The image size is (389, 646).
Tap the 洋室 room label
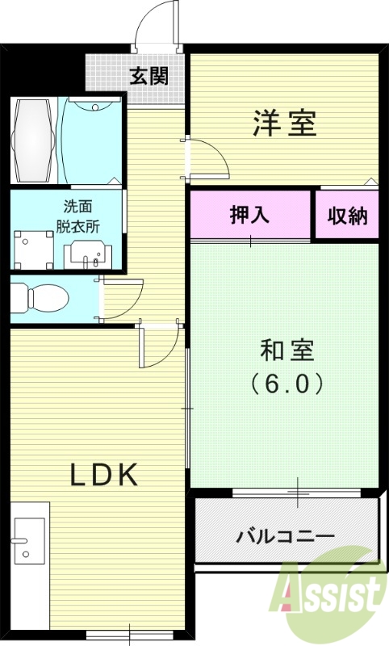click(x=283, y=123)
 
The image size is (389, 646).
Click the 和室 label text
click(x=287, y=352)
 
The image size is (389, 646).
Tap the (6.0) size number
click(x=287, y=382)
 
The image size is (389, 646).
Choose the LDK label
click(x=104, y=474)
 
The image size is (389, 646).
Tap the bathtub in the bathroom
click(x=35, y=141)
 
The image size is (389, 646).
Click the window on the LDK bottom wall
click(x=121, y=634)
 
